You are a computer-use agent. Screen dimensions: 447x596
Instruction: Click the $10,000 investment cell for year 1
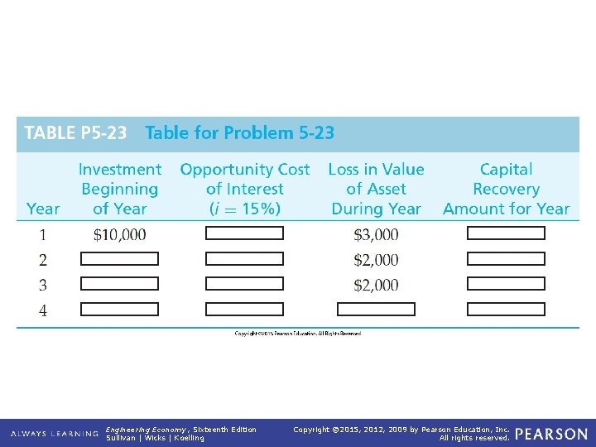tap(120, 235)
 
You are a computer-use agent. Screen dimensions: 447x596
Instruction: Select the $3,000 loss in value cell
tap(376, 235)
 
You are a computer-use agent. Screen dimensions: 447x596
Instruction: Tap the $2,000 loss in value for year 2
tap(376, 260)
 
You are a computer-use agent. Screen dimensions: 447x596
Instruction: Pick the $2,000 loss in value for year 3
tap(376, 286)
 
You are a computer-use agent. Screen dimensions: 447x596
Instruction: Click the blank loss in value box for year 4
tap(376, 310)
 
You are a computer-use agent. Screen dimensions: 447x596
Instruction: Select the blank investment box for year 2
tap(119, 259)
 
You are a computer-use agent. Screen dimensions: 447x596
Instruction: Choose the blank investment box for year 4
tap(119, 310)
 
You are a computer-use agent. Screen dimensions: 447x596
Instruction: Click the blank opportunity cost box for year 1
tap(244, 233)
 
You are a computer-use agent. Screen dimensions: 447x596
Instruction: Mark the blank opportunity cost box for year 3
tap(244, 284)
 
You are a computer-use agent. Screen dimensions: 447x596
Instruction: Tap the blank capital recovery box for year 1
tap(506, 233)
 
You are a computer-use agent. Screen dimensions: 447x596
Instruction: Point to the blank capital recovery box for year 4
tap(506, 310)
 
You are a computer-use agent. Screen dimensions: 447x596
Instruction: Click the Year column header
tap(43, 209)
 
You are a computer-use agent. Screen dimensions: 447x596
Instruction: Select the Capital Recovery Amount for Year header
tap(506, 190)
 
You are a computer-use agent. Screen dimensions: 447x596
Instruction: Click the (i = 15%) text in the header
tap(244, 209)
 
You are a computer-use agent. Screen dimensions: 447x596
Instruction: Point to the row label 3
tap(43, 286)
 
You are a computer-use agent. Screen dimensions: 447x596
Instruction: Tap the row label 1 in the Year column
tap(43, 235)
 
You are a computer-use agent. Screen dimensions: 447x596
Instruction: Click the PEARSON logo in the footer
tap(550, 434)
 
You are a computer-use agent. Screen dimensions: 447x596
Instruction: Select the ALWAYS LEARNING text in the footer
tap(55, 434)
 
